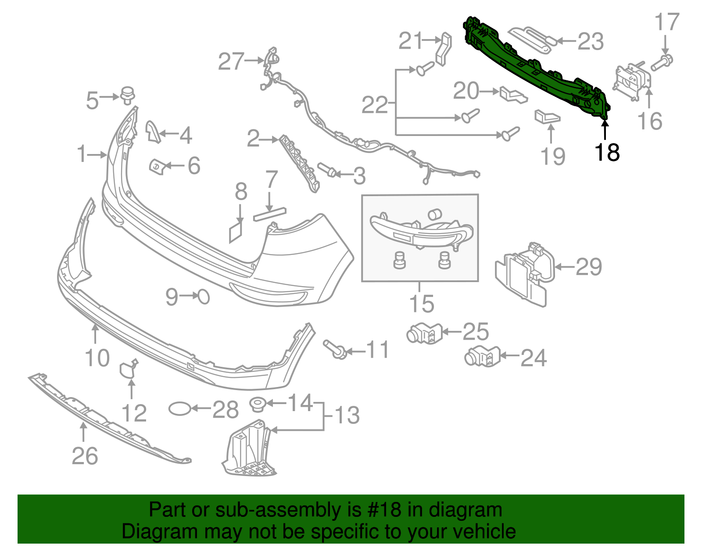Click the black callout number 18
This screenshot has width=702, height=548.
coord(607,152)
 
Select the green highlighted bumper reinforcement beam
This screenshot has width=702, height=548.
coord(535,70)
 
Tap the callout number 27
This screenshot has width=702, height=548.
coord(231,61)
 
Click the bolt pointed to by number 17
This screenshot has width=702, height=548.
coord(662,62)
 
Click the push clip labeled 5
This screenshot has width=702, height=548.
coord(127,95)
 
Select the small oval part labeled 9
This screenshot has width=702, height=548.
coord(204,297)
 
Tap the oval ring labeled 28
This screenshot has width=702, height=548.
coord(180,409)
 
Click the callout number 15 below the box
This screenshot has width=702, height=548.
coord(422,304)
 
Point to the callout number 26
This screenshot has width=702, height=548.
coord(85,456)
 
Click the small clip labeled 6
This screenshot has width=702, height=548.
coord(157,167)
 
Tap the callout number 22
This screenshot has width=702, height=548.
coord(375,105)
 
